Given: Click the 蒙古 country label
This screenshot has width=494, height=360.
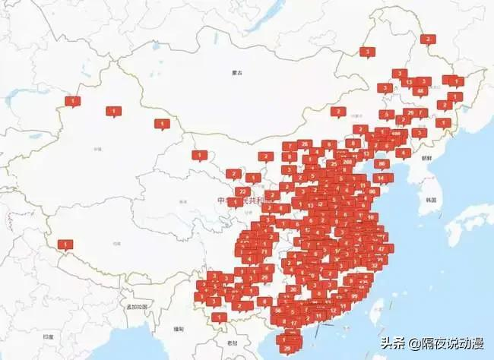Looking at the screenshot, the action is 236,73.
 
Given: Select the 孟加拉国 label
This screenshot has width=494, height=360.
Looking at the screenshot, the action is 137,307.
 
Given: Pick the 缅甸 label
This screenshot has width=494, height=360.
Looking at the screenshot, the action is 179,329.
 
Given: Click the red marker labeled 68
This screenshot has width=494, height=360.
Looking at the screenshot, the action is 420,90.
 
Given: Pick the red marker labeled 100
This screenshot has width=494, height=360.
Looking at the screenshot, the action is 395,132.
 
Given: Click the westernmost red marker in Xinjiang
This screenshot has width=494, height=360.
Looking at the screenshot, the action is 72,100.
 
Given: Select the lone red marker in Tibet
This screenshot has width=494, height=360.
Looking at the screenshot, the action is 65,244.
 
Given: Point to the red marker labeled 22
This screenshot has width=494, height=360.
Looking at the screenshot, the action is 242,191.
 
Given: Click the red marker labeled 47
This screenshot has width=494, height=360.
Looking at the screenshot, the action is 381,248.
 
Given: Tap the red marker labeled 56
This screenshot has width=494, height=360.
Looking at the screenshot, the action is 279,310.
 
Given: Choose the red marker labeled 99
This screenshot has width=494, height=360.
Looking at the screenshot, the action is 354,295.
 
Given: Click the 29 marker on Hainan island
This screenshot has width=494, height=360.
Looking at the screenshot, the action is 287,349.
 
